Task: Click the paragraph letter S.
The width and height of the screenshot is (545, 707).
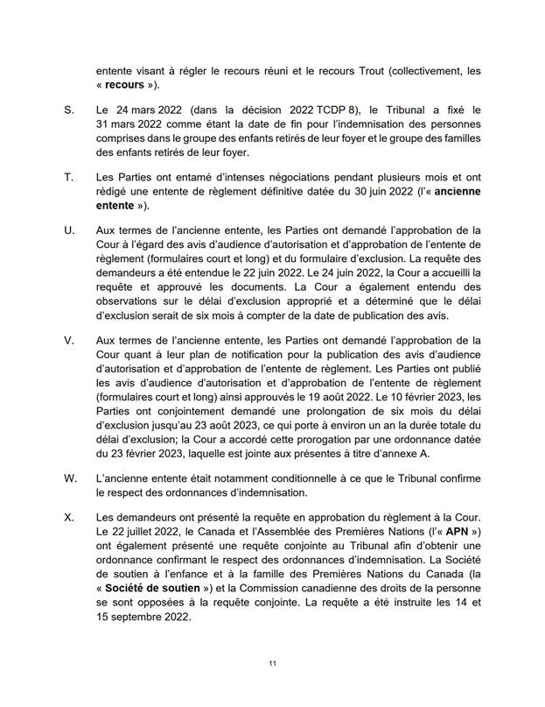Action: coord(69,112)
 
